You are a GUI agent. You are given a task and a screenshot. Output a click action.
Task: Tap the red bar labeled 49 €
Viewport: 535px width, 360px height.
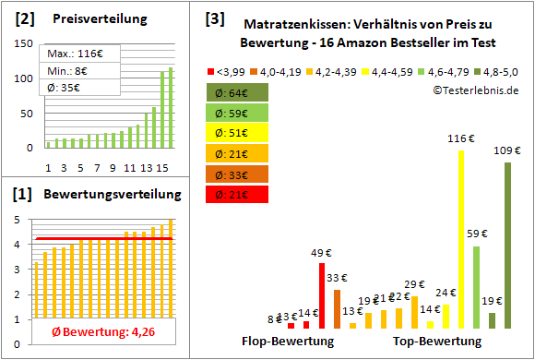pos(322,295)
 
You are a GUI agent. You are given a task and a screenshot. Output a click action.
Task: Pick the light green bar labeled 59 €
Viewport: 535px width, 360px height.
pos(476,286)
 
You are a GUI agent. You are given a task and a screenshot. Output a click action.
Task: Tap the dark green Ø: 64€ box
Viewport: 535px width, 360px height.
pos(236,92)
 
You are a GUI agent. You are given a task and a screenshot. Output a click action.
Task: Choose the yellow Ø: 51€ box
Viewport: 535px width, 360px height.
pos(236,133)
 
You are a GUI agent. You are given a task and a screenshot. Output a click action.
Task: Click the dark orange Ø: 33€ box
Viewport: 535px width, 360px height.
pos(236,174)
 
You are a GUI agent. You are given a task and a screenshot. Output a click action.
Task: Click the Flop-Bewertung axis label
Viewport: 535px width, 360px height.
pos(289,342)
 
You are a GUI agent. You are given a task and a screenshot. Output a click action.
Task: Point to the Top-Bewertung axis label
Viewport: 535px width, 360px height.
pos(437,342)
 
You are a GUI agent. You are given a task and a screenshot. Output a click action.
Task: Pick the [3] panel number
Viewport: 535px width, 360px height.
pos(215,18)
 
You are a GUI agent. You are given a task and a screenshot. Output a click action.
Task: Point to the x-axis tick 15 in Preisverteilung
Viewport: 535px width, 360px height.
pos(160,167)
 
